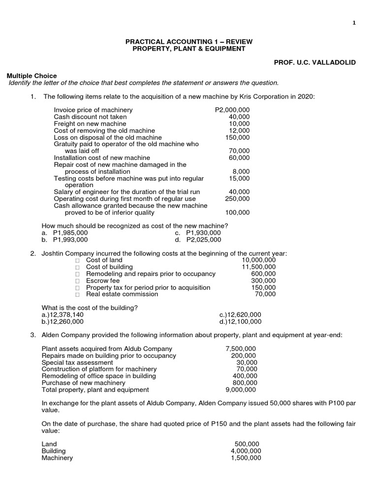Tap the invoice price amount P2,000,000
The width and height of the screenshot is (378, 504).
tap(232, 110)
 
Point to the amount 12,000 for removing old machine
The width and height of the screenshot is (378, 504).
tap(239, 130)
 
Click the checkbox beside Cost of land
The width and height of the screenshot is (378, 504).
tap(77, 260)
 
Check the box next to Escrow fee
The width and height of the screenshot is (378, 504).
tap(77, 281)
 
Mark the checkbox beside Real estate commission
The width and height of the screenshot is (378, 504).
tap(77, 294)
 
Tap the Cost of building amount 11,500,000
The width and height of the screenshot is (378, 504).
tap(259, 267)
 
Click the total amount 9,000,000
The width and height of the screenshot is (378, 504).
tap(241, 389)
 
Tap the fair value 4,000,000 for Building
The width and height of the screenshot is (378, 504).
tap(246, 451)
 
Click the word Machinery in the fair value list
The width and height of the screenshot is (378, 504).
tap(57, 458)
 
